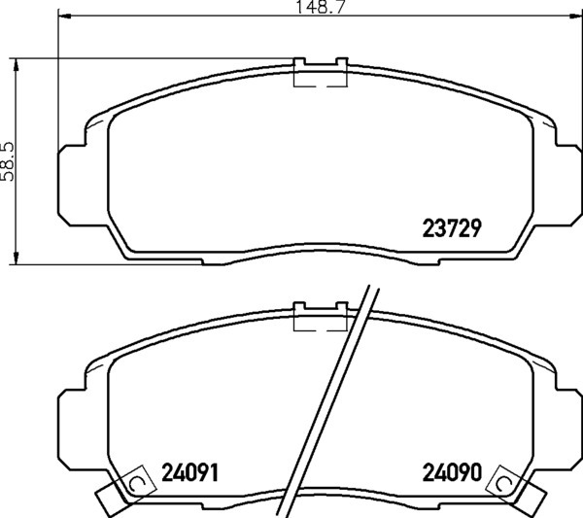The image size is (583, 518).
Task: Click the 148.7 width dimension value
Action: click(320, 7)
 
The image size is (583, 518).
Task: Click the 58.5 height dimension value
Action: click(8, 161)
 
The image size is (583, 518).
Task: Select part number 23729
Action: click(452, 228)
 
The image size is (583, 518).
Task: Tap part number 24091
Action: click(189, 472)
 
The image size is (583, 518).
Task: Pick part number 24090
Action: click(452, 472)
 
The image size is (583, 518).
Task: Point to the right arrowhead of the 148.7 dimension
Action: click(575, 16)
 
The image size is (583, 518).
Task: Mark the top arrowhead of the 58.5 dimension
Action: click(16, 65)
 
